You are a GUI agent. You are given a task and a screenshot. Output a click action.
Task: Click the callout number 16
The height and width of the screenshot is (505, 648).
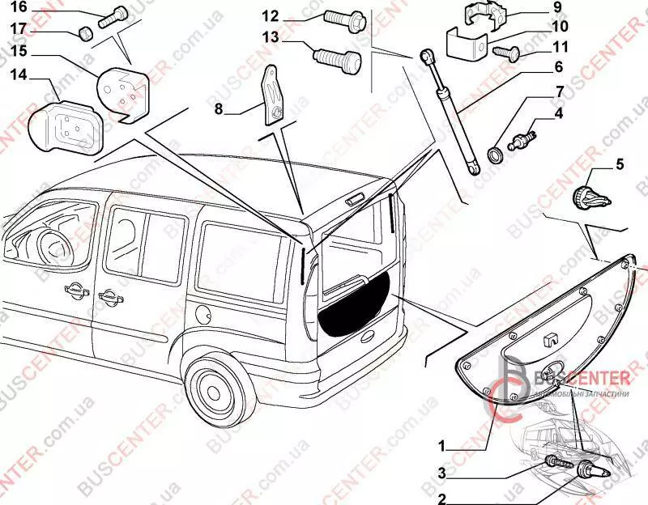click(18, 8)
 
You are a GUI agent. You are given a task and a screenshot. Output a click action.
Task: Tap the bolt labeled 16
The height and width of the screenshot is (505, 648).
click(110, 17)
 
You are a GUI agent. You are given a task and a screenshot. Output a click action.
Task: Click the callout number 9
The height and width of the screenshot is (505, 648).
click(557, 7)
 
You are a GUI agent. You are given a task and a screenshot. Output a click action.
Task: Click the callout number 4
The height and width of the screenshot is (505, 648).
click(559, 113)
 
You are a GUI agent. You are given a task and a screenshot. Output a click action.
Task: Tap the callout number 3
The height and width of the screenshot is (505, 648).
click(442, 473)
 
